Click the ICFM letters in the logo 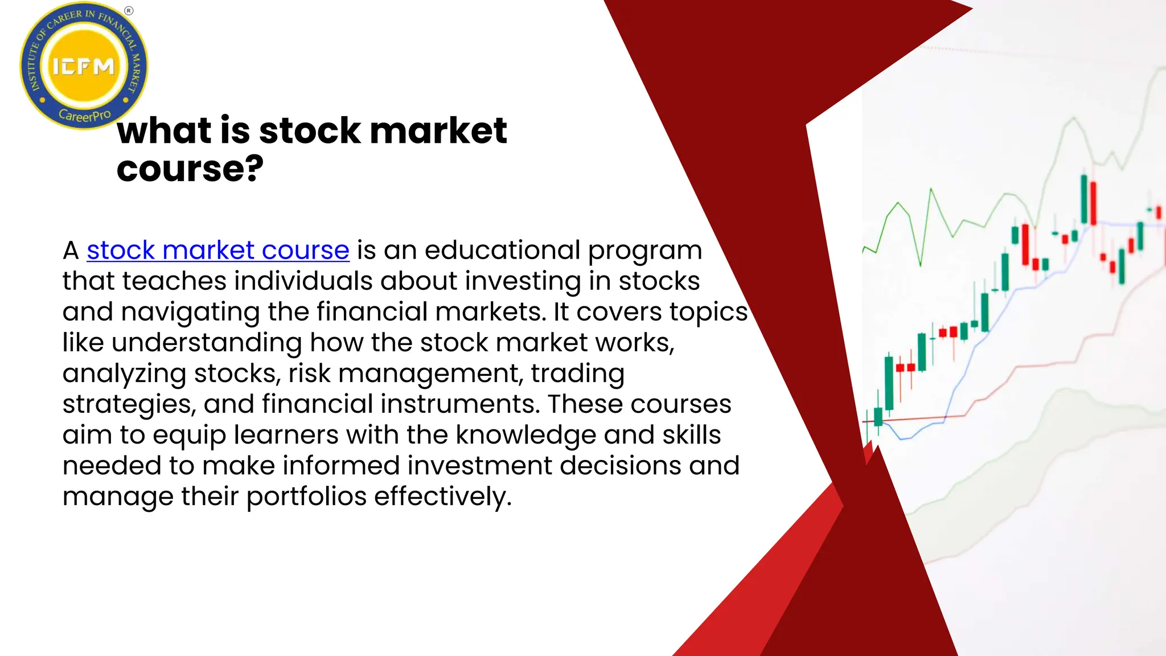coord(84,67)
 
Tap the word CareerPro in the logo coord(85,116)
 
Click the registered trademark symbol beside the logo coord(129,11)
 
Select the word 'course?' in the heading coord(190,169)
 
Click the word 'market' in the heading coord(438,130)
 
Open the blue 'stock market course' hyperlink coord(218,251)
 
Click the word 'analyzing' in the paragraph coord(124,374)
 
